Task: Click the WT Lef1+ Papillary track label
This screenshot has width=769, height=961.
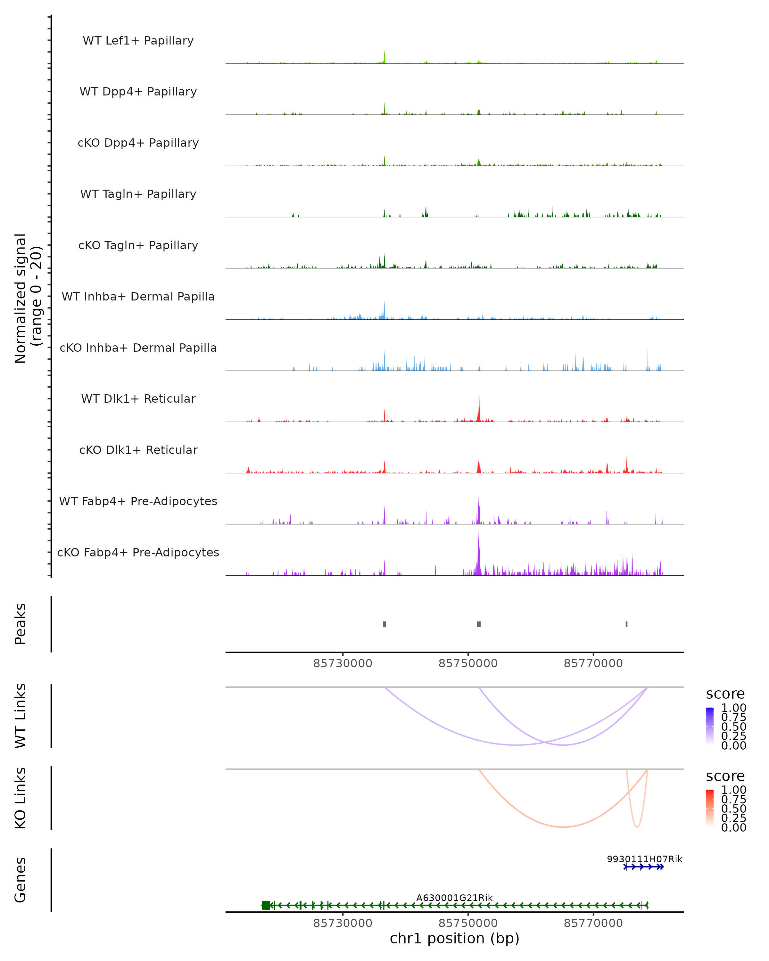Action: coord(138,41)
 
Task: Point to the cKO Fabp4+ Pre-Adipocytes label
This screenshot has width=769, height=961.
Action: coord(138,552)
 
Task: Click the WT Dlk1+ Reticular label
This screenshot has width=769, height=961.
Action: coord(138,398)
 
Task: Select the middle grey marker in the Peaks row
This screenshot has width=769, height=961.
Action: coord(479,624)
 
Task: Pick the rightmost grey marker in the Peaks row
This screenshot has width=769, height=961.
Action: coord(626,624)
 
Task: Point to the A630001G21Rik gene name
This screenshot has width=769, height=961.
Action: coord(454,898)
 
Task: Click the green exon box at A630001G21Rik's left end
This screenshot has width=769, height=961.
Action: coord(266,905)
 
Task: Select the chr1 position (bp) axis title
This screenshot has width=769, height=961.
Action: coord(454,938)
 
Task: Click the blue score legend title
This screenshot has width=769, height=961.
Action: coord(725,694)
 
